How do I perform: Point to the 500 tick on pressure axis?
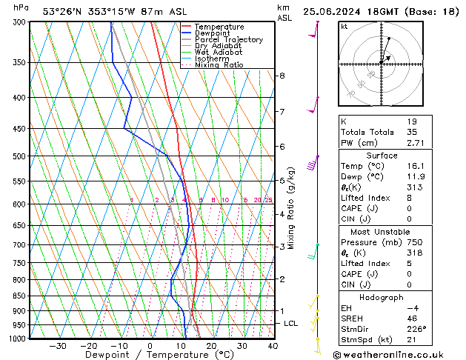19,156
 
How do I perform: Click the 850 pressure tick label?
19,296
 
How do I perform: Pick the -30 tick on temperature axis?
58,346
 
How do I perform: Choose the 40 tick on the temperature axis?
273,346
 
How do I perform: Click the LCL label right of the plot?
291,324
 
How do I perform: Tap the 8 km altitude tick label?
282,76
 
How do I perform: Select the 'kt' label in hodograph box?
344,27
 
